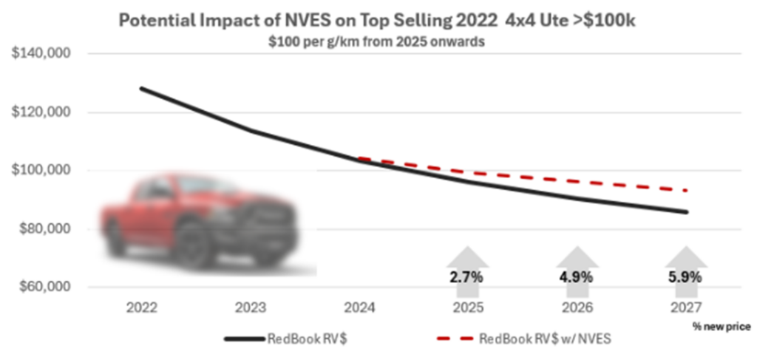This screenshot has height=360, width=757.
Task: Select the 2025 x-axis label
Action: pyautogui.click(x=467, y=308)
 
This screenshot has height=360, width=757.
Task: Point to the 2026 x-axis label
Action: pyautogui.click(x=576, y=308)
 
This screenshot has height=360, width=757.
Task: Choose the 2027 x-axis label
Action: pyautogui.click(x=685, y=308)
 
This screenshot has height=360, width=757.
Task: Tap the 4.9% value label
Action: pyautogui.click(x=576, y=278)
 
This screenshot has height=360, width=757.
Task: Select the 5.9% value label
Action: pyautogui.click(x=685, y=278)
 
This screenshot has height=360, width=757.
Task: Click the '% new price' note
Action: pyautogui.click(x=721, y=325)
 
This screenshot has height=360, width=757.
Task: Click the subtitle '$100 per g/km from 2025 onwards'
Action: pyautogui.click(x=376, y=42)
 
